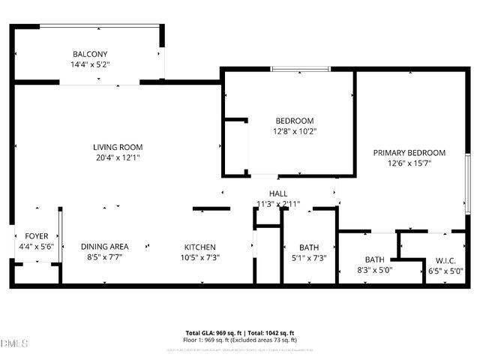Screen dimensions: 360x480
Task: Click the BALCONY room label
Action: [x=90, y=54]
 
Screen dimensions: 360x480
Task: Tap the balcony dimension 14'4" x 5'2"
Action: [x=90, y=65]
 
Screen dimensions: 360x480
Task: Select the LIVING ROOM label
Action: [x=118, y=147]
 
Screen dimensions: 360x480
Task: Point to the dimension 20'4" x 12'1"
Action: [x=118, y=158]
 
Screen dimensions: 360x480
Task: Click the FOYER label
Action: [x=37, y=236]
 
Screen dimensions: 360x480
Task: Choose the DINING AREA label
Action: [x=105, y=247]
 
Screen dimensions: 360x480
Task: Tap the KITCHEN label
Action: [x=201, y=247]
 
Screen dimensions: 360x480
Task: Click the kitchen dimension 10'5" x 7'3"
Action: [x=201, y=258]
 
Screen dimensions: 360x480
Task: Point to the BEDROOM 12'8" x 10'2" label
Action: [x=295, y=121]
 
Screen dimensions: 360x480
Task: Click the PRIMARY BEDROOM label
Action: [x=409, y=153]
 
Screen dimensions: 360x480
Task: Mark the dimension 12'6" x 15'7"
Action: [x=409, y=163]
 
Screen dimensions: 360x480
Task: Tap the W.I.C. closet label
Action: [x=445, y=260]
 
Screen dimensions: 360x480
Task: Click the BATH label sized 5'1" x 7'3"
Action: [x=309, y=247]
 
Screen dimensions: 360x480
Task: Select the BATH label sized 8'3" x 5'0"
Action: [x=375, y=260]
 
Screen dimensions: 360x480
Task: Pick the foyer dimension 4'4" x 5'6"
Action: [x=37, y=247]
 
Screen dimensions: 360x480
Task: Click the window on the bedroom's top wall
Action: [x=300, y=70]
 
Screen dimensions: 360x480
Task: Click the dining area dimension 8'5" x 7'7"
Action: [x=105, y=258]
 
